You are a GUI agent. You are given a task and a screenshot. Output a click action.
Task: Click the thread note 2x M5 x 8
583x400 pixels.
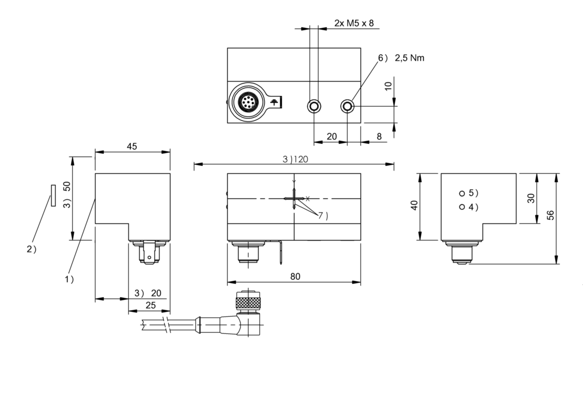coord(354,23)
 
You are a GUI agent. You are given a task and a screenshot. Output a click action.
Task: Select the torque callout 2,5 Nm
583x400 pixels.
coord(409,58)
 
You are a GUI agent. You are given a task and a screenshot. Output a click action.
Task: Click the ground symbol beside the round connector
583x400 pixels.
coord(274,102)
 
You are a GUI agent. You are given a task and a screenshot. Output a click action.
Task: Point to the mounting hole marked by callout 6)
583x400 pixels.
coord(347,106)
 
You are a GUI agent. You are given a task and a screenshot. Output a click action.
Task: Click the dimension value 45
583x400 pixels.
coord(132,146)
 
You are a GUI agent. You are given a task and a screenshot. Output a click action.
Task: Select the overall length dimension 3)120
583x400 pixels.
coord(295,159)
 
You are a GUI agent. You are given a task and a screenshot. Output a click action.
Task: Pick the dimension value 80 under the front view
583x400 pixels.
coord(295,276)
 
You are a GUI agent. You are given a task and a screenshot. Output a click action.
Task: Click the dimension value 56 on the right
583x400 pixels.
coord(550,215)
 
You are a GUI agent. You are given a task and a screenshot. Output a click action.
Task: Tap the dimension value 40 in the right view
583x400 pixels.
coord(414,206)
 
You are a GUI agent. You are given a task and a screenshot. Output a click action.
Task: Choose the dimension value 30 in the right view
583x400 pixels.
coord(531,198)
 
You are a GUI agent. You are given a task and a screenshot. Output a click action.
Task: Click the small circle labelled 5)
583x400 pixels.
coord(462,194)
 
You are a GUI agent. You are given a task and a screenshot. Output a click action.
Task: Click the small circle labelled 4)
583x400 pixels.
coord(462,207)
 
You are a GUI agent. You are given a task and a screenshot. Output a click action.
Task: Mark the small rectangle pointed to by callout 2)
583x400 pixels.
coord(53,195)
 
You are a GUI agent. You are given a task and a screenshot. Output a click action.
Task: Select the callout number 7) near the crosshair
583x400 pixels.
coord(323,216)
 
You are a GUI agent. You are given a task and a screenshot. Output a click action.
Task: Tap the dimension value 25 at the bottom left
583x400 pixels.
coord(150,305)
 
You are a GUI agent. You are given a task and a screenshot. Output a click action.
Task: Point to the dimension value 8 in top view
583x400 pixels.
coord(379,136)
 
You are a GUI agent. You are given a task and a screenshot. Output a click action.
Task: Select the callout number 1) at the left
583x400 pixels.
coord(69,279)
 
